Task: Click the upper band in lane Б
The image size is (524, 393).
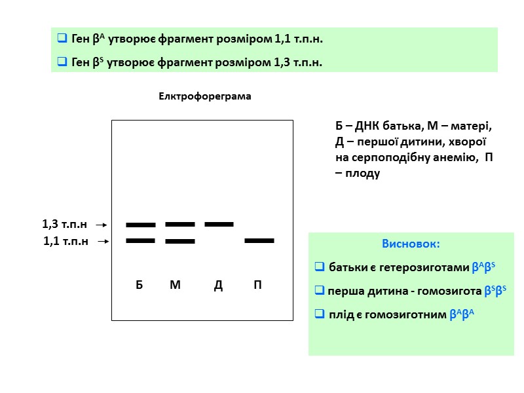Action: click(141, 225)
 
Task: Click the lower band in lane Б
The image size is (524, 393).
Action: click(141, 241)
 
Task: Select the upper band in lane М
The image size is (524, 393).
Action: click(180, 225)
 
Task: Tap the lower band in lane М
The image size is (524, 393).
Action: click(180, 242)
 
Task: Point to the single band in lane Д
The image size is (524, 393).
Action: click(219, 225)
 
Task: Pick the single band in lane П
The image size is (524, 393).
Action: click(259, 241)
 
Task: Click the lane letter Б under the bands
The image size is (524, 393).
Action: click(139, 285)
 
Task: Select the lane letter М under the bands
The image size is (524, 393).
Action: click(175, 285)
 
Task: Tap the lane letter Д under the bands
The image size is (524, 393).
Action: click(218, 285)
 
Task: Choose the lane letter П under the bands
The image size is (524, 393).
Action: click(258, 285)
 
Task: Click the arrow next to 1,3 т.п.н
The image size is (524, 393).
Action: click(101, 225)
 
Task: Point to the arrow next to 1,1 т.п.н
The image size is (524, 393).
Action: click(102, 242)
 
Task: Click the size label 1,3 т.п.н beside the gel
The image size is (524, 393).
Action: click(65, 225)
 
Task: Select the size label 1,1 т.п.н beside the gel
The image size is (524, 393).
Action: click(65, 242)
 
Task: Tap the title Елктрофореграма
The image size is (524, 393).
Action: click(205, 96)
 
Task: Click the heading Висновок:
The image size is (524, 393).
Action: click(411, 244)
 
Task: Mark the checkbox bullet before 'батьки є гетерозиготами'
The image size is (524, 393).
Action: click(319, 267)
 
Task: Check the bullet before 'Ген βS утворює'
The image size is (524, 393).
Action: click(62, 62)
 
